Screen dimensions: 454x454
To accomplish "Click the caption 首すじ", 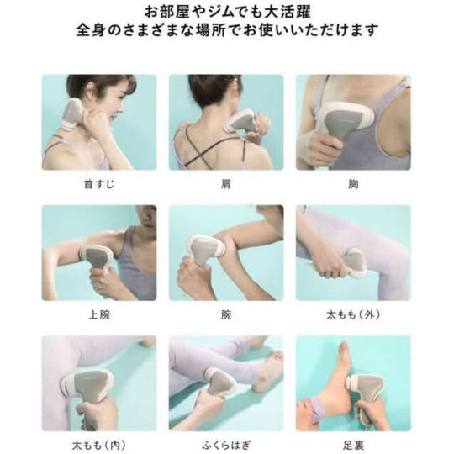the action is pos(99,184).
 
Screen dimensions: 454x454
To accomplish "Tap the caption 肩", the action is pos(226,184).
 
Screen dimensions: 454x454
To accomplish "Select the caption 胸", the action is pos(353,184).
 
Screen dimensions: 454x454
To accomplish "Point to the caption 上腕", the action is pos(99,314).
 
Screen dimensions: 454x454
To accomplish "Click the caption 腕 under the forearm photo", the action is pos(226,314).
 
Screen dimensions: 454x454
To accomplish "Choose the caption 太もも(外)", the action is pos(353,314).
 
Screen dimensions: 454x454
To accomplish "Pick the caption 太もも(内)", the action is pos(99,445).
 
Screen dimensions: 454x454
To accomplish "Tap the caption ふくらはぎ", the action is pos(226,445).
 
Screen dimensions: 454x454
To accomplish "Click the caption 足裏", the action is pos(353,445).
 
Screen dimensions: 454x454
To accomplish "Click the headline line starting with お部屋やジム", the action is pos(228,12).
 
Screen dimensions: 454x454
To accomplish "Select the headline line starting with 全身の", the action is pos(227,29).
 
